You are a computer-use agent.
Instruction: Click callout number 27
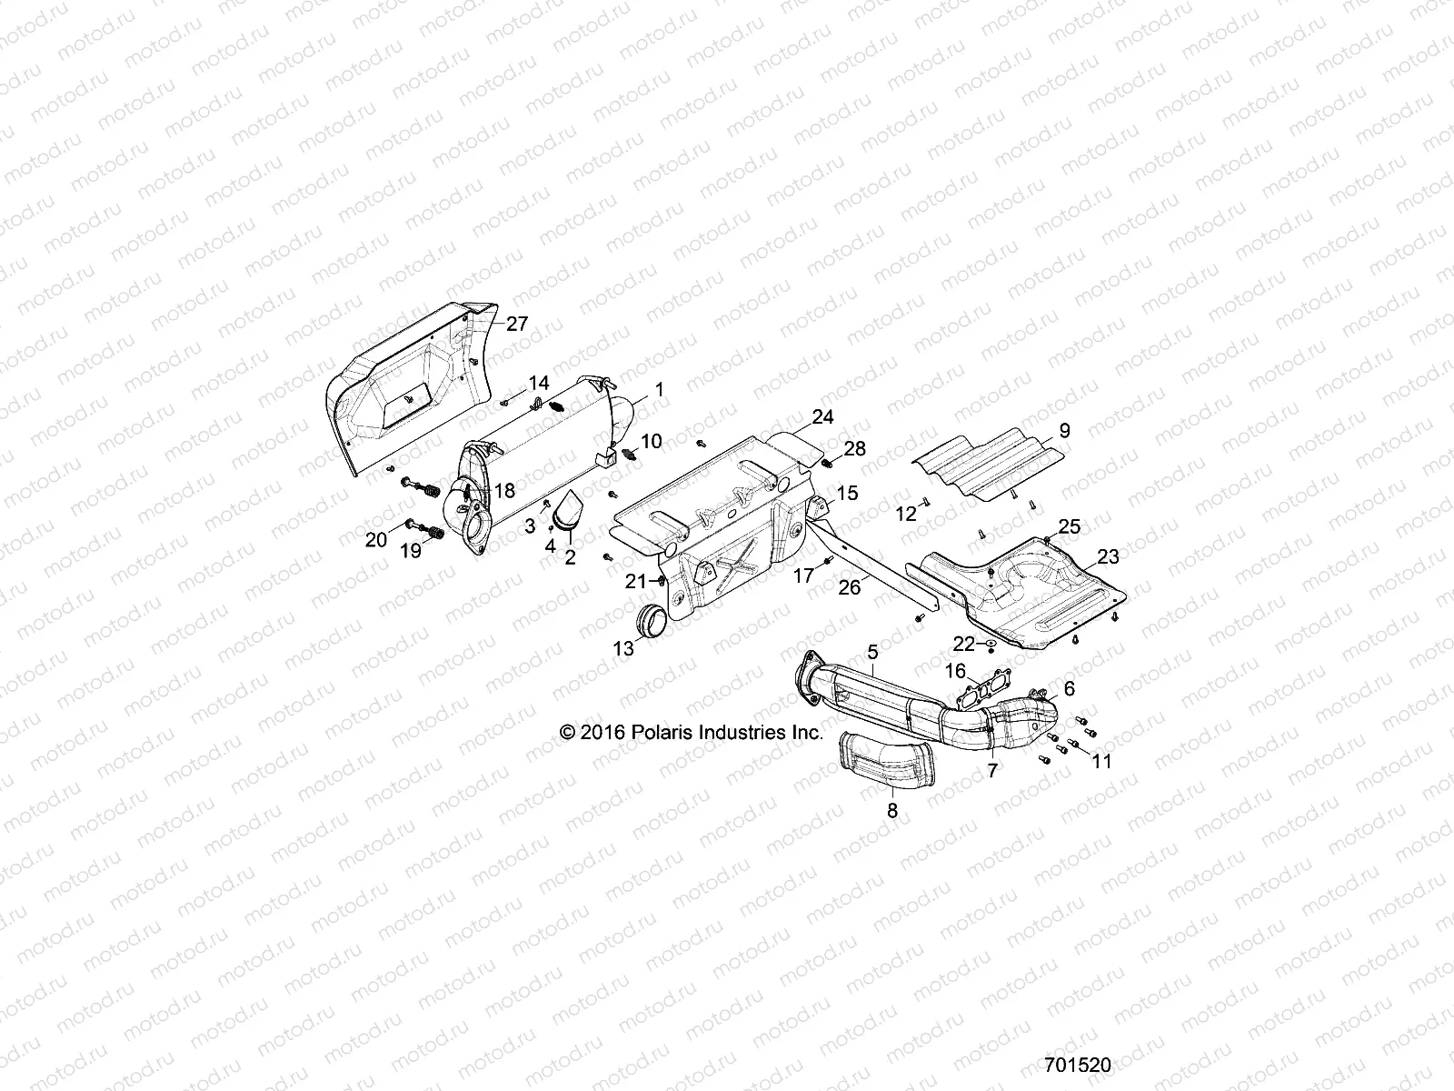[x=516, y=325]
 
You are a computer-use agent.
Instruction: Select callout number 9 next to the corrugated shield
[x=1064, y=430]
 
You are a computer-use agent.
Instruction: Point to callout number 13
[x=623, y=648]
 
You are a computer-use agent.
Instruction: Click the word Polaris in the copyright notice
[x=676, y=732]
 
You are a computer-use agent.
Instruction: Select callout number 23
[x=1108, y=556]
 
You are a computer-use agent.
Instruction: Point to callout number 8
[x=891, y=811]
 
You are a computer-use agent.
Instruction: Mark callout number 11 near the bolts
[x=1101, y=761]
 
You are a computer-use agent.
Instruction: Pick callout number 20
[x=375, y=540]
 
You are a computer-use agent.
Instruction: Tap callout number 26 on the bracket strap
[x=849, y=587]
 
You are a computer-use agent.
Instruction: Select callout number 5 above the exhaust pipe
[x=872, y=651]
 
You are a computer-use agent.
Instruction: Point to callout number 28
[x=854, y=448]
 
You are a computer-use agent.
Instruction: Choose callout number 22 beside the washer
[x=963, y=644]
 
